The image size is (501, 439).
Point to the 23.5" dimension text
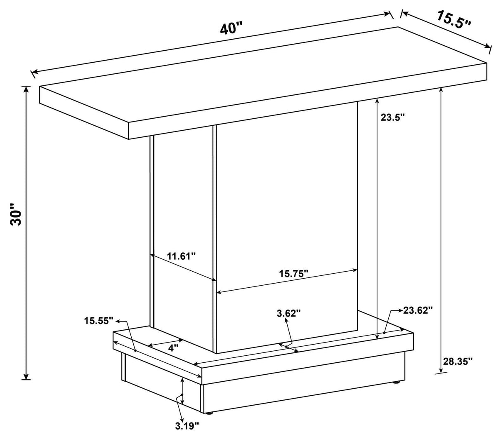392,117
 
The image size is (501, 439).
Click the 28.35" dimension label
458,362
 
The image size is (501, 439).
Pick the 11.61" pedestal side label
181,256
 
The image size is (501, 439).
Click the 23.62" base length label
418,310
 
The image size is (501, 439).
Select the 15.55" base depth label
99,320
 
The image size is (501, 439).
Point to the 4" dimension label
173,347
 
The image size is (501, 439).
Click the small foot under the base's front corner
210,413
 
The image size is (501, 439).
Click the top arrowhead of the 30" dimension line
26,89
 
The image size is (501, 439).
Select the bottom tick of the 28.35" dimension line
441,372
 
